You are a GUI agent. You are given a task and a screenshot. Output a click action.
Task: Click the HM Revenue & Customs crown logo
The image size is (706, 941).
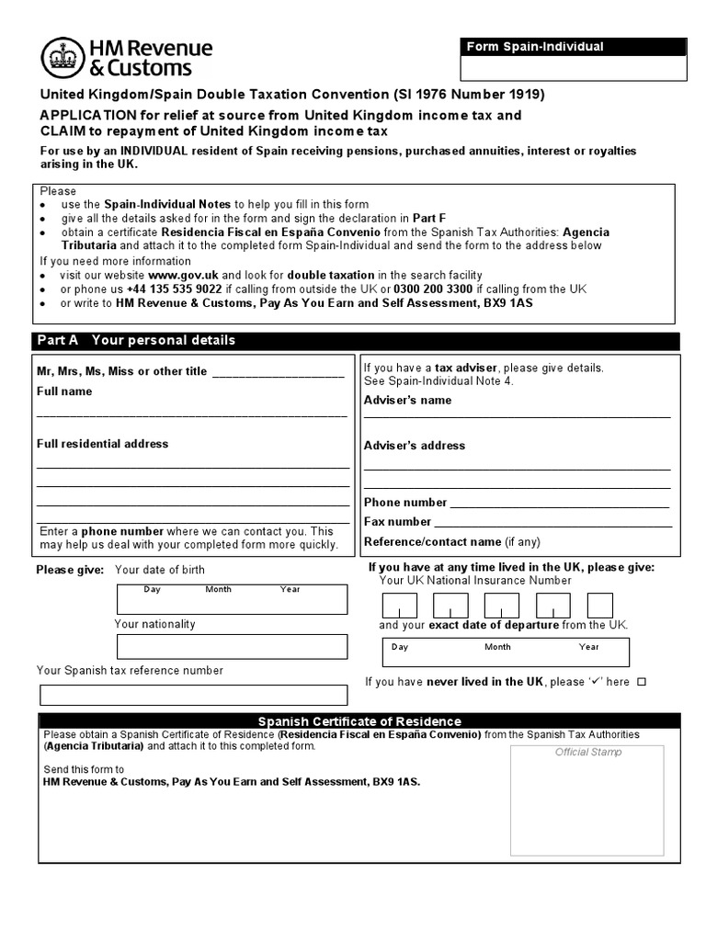(62, 58)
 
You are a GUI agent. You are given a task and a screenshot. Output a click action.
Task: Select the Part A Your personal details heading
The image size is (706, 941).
(136, 340)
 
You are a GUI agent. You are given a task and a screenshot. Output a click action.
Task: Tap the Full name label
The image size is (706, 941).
(64, 391)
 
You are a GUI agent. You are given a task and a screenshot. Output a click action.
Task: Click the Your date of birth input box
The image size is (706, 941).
(232, 599)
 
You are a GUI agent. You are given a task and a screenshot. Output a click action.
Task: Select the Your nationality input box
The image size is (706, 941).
(232, 646)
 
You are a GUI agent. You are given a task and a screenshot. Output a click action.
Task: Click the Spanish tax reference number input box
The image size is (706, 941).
(193, 694)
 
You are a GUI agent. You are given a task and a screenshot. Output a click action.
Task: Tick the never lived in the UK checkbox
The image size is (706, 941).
(642, 682)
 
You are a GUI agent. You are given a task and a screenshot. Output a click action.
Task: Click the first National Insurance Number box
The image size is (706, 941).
(400, 606)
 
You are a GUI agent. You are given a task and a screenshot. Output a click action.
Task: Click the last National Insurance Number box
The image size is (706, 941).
(600, 606)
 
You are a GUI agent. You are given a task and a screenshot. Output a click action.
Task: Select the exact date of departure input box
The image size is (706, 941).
(506, 652)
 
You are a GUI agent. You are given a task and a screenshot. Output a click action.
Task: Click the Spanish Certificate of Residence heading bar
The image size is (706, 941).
(359, 721)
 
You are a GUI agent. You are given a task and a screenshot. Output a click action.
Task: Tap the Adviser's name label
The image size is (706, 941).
(407, 401)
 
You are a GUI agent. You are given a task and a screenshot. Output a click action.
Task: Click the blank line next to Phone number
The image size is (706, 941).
(559, 503)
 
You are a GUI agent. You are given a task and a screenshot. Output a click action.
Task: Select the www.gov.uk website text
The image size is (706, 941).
(183, 275)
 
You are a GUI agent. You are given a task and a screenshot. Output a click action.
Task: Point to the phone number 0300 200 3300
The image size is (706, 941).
(433, 289)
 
